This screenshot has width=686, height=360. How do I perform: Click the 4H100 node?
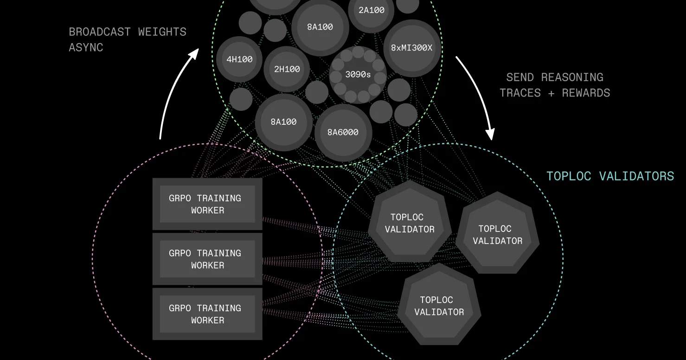(x=239, y=59)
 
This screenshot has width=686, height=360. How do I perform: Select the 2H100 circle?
(x=287, y=69)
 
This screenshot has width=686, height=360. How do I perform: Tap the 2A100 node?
(x=371, y=10)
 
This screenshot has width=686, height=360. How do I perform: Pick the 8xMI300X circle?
(x=412, y=48)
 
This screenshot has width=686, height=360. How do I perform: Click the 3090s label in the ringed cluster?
(x=358, y=74)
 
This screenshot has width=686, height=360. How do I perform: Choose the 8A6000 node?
(x=343, y=132)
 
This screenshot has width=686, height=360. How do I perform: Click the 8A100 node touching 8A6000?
(x=283, y=122)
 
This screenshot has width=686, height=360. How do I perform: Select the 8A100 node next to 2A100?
(x=320, y=27)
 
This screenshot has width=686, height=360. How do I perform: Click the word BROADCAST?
(x=100, y=32)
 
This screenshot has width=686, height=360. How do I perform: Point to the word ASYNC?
(x=86, y=47)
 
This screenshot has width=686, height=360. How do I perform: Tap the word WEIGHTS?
(x=162, y=32)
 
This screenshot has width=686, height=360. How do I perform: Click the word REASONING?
(x=572, y=77)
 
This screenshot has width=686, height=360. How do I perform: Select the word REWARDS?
(x=586, y=93)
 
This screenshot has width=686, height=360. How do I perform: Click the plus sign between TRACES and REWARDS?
(x=551, y=93)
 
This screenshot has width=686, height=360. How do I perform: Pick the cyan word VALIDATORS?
(x=636, y=176)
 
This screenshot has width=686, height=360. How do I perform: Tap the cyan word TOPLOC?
(x=569, y=176)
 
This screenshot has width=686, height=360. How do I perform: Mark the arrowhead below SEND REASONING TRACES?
(x=490, y=134)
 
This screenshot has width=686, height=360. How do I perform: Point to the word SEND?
(x=520, y=77)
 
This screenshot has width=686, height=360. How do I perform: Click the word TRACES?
(x=520, y=93)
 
